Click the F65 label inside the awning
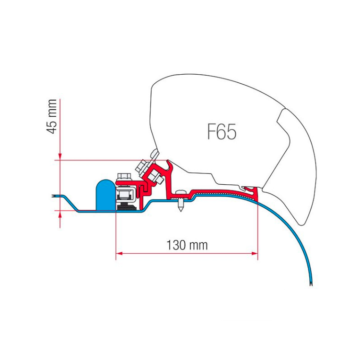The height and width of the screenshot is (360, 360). coord(221,132)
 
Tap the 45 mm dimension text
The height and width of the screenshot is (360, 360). coord(52,116)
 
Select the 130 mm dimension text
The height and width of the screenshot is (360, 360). coord(186,245)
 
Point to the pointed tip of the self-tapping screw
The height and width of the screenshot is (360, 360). coord(181,211)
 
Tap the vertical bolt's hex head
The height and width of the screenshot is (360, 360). coord(124,176)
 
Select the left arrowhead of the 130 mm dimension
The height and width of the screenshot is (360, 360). coord(118,253)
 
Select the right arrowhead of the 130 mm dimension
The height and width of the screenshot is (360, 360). coord(255,253)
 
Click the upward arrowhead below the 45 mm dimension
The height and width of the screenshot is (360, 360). coord(60,214)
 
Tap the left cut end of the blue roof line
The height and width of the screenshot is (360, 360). coord(53,196)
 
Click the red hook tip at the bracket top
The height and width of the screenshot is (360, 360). coord(169,161)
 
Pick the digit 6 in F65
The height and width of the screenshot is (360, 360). coord(221,132)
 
